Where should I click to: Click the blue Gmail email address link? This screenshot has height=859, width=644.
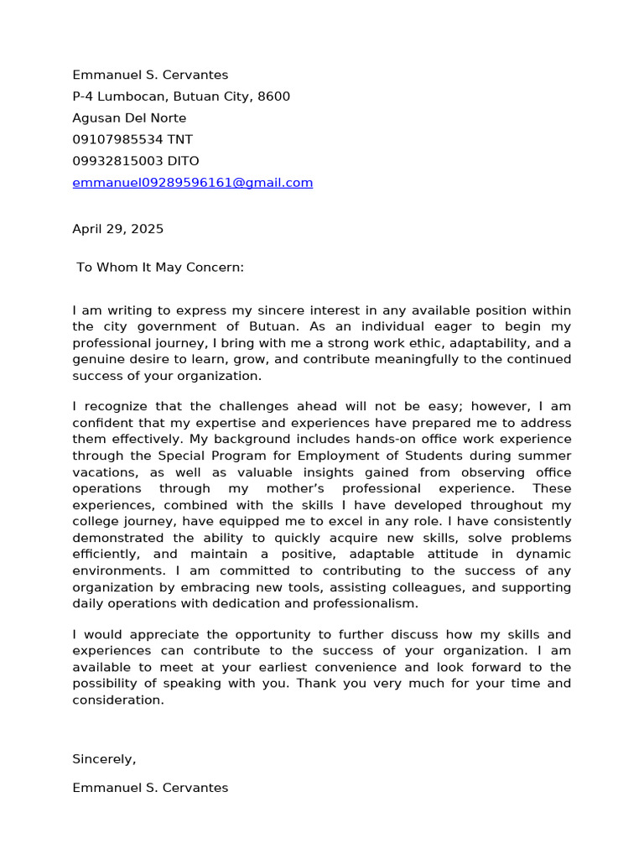[192, 183]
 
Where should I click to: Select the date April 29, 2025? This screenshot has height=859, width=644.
[117, 229]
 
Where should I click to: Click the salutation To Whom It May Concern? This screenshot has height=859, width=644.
[159, 268]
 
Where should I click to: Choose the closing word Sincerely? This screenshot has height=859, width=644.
[103, 759]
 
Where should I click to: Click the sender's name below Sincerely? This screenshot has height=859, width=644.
[149, 788]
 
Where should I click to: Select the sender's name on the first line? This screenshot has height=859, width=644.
[149, 75]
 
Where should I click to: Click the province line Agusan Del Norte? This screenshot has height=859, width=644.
[129, 118]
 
